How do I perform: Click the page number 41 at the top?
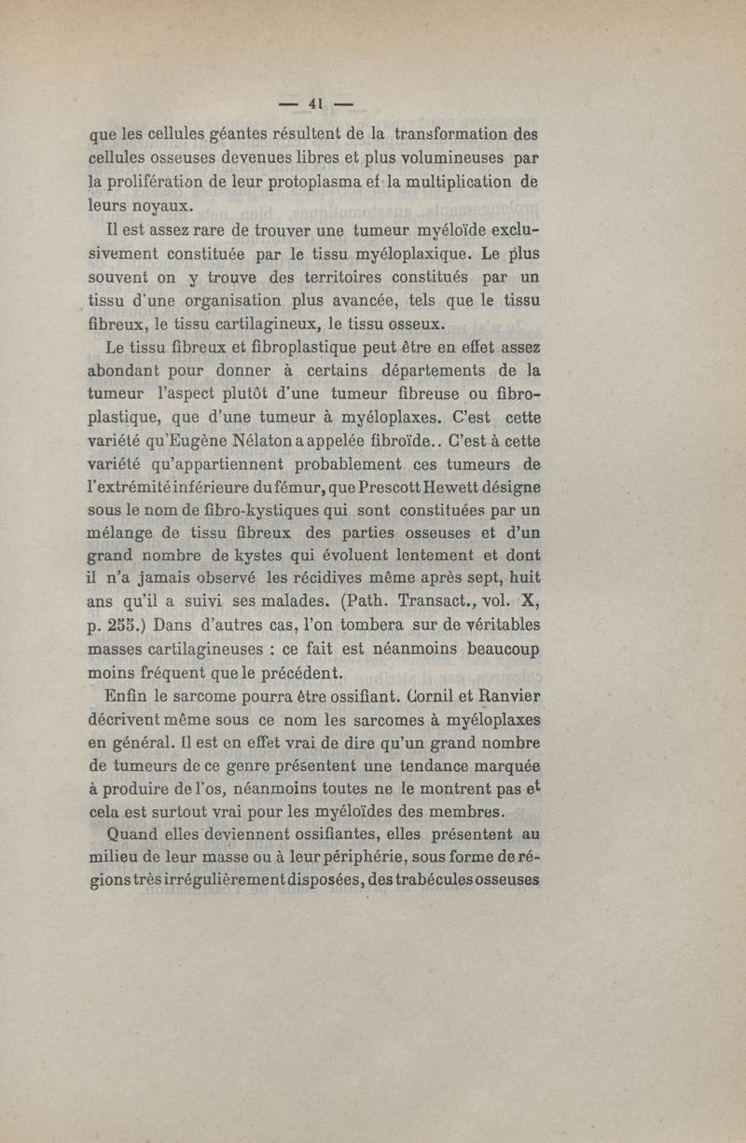coord(319,103)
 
